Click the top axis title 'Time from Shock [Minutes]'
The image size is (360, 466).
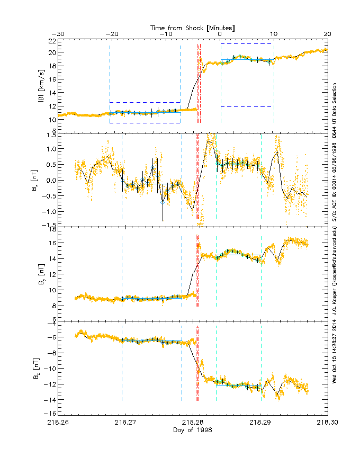coord(192,27)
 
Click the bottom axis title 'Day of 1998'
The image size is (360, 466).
coord(192,430)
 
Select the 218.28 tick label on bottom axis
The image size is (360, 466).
coord(192,423)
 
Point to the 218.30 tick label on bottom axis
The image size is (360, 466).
coord(327,423)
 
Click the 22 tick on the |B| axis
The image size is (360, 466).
coord(51,41)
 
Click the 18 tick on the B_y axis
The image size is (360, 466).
coord(51,230)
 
